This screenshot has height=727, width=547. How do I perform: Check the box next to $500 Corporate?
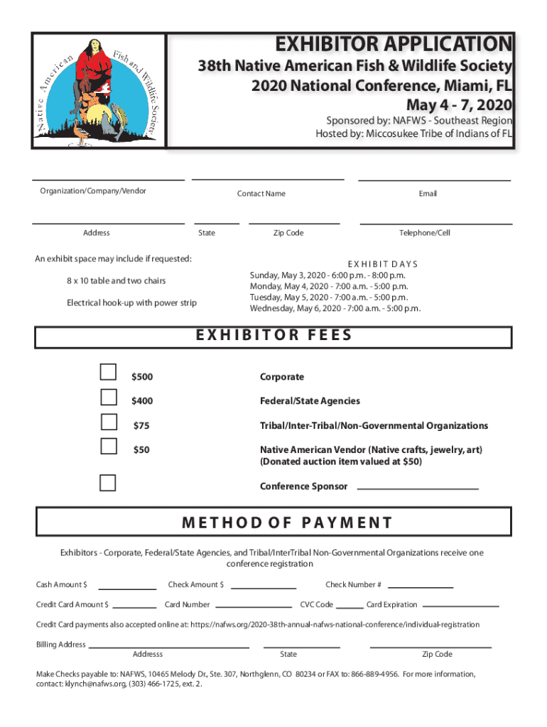point(109,372)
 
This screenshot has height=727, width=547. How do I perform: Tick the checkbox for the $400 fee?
point(109,396)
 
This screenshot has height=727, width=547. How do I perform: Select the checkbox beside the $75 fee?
point(109,421)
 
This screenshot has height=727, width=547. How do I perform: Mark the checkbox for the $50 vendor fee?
point(109,445)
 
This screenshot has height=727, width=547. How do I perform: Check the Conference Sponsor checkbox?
point(108,483)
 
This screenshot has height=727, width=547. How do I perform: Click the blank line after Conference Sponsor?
point(417,487)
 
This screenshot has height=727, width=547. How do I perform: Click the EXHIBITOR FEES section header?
point(273,335)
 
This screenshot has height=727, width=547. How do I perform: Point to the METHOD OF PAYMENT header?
point(287,523)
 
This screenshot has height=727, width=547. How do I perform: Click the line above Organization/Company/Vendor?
point(109,179)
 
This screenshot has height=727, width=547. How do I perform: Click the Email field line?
point(434,179)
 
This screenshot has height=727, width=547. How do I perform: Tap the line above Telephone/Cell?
point(435,223)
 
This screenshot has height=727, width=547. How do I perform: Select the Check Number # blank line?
point(421,586)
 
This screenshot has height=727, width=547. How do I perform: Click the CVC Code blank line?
point(350,606)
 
